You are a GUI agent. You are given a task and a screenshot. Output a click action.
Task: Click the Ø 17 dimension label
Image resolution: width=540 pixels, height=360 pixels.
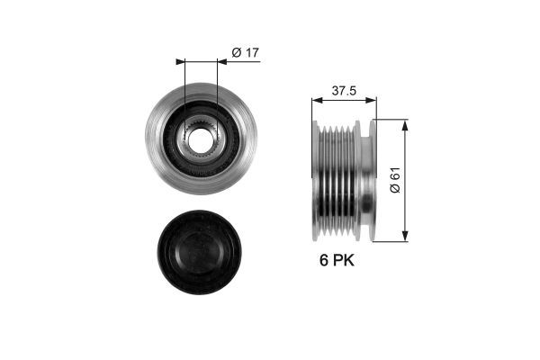pos(245,53)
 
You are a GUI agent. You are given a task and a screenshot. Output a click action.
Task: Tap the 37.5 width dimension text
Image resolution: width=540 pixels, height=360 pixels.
pos(344,91)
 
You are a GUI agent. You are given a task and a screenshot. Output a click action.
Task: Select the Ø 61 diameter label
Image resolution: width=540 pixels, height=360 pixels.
pos(395,180)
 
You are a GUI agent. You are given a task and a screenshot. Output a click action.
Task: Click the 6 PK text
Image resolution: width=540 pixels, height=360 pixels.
pos(337,260)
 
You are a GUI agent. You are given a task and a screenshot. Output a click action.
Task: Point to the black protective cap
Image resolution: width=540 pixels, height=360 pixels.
pos(200,253)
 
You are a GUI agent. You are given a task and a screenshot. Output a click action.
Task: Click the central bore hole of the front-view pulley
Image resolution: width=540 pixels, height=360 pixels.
pos(201,141)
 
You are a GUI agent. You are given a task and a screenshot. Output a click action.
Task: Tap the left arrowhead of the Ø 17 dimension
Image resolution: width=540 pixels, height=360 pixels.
pos(181,62)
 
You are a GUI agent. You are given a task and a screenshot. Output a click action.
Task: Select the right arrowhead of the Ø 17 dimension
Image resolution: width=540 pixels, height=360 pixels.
pos(222,62)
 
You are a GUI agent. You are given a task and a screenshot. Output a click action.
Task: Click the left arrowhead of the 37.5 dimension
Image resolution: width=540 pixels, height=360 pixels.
pos(317,100)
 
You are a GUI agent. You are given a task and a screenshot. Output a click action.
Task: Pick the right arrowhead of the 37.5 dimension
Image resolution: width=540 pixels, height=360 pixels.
pos(371,100)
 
